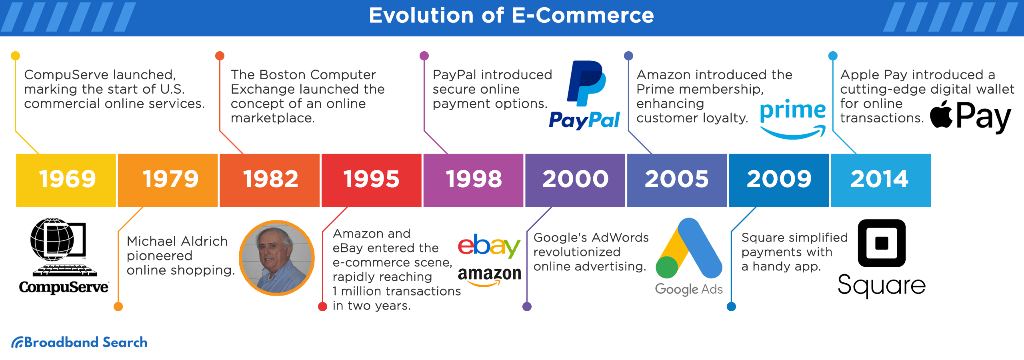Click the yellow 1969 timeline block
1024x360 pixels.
pos(66,180)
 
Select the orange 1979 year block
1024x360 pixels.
pos(168,180)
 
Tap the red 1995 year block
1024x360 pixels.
pos(372,180)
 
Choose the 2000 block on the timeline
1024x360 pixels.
pos(575,180)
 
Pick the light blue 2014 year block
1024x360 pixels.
pos(881,180)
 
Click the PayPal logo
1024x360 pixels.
pos(584,95)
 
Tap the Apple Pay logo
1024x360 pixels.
pos(971,116)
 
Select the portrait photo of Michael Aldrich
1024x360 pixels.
pos(277,258)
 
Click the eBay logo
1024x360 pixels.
pos(489,246)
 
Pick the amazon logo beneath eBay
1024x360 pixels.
pos(489,276)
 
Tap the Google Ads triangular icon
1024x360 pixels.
pos(689,248)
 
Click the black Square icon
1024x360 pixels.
pos(882,243)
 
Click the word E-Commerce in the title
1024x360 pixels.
pos(583,16)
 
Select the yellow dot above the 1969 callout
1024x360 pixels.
pos(16,56)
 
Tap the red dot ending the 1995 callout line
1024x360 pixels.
pos(322,306)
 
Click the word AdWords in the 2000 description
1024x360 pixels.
pos(623,238)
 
